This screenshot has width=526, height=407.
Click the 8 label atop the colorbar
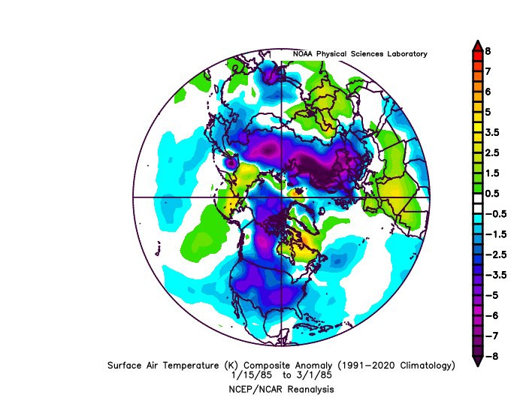coord(488,51)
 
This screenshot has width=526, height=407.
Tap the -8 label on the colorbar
coord(492,356)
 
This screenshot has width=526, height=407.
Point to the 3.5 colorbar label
coord(492,132)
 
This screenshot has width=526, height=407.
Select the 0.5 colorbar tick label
coord(492,194)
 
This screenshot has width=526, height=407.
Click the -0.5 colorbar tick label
coord(496,214)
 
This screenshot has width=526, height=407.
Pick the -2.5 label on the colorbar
coord(496,255)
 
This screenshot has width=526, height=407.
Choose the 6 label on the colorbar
coord(488,92)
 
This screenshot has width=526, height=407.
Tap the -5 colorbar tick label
coord(492,295)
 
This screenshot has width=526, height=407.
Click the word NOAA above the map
coord(303,53)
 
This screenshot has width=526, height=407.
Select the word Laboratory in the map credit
coord(407,54)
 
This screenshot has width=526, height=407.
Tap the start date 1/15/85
coord(252,375)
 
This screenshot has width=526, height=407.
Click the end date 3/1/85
coord(313,375)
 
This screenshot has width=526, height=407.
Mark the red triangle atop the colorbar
coord(477,46)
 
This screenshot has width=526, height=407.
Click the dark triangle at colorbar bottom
coord(477,361)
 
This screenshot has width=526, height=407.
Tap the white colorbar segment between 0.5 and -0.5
coord(477,203)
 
